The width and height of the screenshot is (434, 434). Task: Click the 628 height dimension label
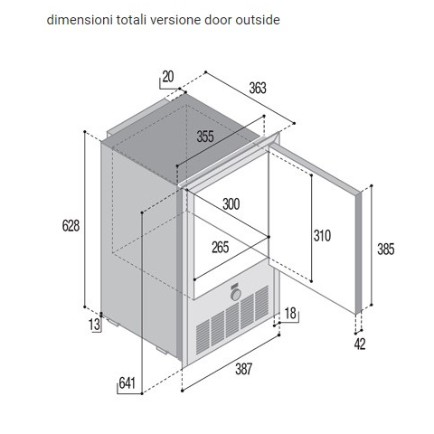(71, 225)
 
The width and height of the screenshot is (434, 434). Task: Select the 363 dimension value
(258, 88)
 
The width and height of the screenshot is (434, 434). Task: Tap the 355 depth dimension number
(205, 137)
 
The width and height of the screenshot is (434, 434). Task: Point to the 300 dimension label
(231, 204)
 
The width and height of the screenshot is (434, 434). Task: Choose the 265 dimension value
(221, 248)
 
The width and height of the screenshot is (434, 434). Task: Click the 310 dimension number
(322, 236)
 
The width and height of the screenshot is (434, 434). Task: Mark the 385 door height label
(386, 250)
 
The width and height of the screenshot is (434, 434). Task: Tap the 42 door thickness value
(360, 344)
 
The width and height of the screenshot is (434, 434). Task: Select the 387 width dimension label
(243, 369)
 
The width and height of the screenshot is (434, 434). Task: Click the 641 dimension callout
(127, 383)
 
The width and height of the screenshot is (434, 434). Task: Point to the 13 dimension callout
(94, 325)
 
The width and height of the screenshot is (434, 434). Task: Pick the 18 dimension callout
(290, 314)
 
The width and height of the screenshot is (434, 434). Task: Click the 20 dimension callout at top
(168, 77)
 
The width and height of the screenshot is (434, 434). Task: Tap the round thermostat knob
(236, 295)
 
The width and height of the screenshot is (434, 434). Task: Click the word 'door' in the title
(219, 20)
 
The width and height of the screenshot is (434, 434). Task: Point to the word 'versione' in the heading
(175, 20)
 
